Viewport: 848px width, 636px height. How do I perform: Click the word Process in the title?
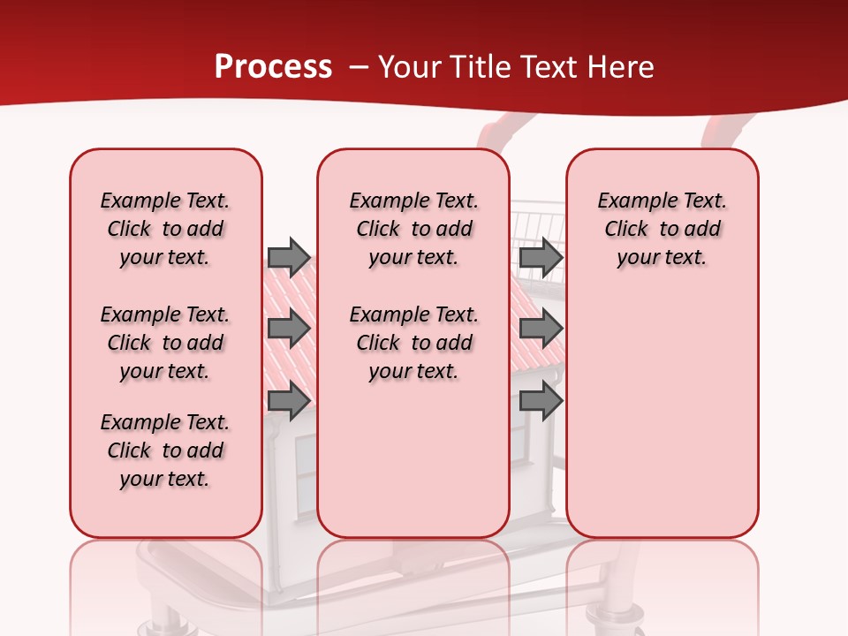(273, 67)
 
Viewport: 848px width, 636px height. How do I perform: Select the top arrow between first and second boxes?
(288, 257)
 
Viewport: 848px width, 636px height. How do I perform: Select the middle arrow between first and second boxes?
(288, 329)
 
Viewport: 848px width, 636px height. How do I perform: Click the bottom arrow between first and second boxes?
(288, 401)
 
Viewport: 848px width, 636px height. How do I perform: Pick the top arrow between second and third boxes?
(541, 257)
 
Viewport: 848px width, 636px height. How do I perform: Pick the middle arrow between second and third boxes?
(541, 329)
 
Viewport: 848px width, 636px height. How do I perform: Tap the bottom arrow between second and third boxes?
(541, 401)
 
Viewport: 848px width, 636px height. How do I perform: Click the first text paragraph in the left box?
(165, 229)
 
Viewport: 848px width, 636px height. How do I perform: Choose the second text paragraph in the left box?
(165, 343)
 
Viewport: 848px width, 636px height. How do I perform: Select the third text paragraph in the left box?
(165, 450)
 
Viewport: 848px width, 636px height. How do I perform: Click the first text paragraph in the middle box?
(413, 229)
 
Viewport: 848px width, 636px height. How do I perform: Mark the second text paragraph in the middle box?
(413, 343)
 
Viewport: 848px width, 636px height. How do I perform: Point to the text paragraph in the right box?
(662, 229)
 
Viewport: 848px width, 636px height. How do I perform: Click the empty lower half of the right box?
(662, 424)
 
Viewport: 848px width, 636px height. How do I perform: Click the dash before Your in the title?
(360, 67)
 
